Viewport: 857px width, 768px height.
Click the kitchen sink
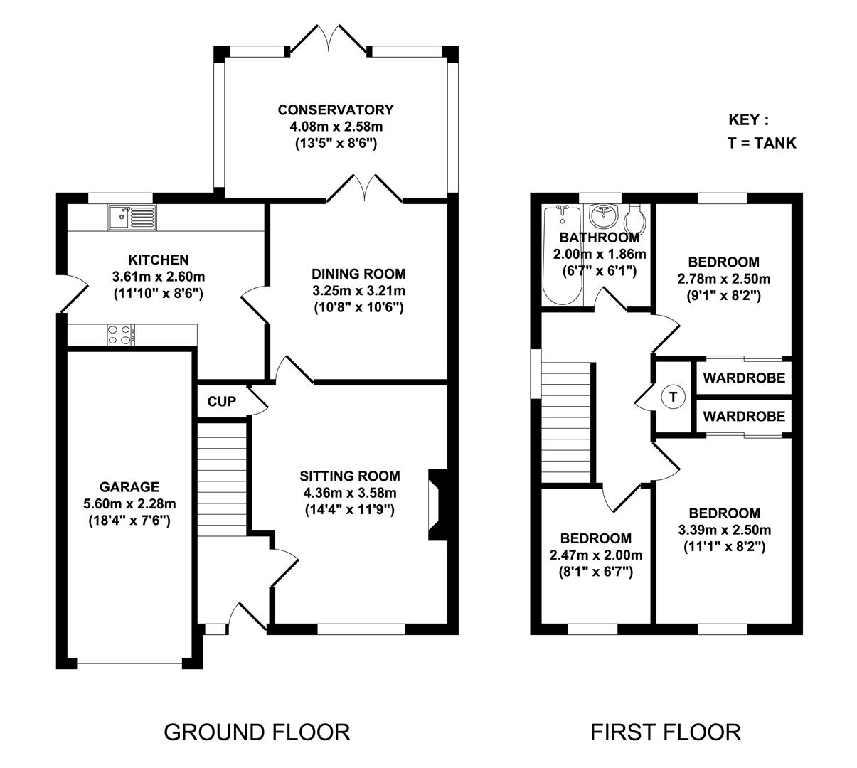point(132,217)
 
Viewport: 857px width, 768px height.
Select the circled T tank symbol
point(672,397)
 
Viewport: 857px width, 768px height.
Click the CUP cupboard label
point(221,402)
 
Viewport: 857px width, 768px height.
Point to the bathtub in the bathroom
point(562,256)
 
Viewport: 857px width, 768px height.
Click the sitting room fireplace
point(436,505)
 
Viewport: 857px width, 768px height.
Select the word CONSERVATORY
point(335,110)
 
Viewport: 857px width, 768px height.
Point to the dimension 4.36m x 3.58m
point(349,493)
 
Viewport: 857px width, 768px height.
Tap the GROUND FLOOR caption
point(257,732)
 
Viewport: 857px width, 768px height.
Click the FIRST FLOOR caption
point(666,732)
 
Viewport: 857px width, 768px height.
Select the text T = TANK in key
point(762,143)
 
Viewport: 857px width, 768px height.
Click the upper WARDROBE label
point(744,378)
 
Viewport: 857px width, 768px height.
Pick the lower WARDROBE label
point(744,416)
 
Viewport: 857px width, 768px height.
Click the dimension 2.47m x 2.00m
point(596,555)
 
